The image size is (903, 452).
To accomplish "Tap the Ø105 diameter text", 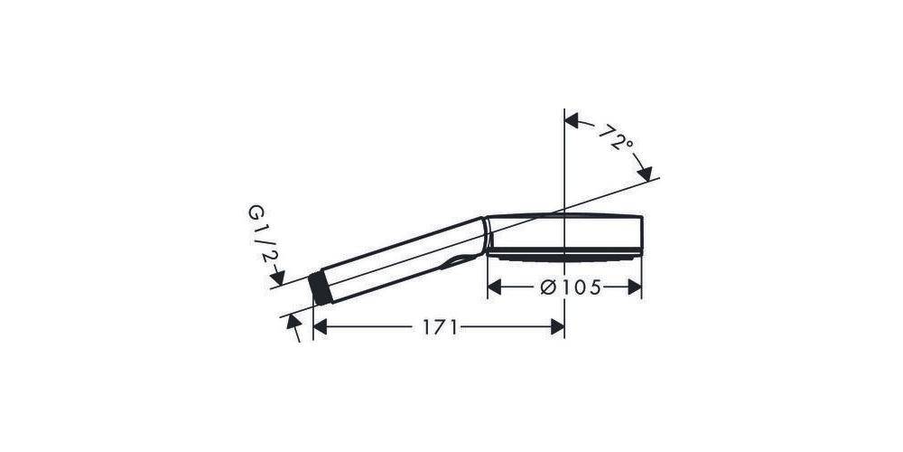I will click(x=571, y=287).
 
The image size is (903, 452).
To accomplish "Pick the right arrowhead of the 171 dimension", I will click(x=557, y=327).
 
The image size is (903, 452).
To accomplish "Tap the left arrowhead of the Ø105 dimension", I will click(x=494, y=287).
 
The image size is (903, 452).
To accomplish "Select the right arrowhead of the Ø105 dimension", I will click(x=635, y=287).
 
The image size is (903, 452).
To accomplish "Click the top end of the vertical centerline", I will click(x=564, y=112).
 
